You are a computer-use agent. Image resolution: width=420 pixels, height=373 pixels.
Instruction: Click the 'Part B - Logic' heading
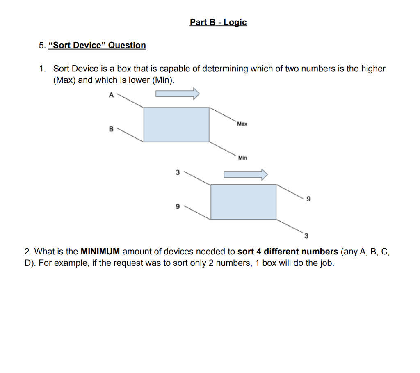tap(218, 22)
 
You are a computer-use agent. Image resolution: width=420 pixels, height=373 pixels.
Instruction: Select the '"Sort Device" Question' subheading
tap(97, 46)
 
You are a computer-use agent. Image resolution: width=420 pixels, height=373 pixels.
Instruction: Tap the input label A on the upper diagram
tap(110, 95)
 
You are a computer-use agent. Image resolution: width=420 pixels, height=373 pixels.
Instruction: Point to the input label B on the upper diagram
tap(110, 129)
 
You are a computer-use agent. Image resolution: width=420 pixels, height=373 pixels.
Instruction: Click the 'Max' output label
tap(242, 124)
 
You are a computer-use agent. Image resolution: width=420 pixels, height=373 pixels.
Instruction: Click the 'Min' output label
tap(242, 158)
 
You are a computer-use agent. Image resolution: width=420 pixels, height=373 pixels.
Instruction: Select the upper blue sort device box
tap(176, 125)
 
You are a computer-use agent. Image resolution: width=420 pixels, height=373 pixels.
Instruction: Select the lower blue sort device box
tap(243, 202)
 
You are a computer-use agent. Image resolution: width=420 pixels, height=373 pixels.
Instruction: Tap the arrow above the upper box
tap(177, 94)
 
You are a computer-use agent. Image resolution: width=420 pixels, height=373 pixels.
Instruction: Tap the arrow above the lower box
tap(245, 174)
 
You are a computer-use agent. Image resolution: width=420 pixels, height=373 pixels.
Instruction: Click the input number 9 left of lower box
tap(178, 207)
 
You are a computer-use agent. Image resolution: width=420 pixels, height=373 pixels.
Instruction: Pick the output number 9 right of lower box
tap(309, 199)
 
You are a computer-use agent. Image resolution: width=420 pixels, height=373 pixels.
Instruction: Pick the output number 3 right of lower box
tap(306, 236)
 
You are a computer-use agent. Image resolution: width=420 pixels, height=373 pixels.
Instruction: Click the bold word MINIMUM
tap(100, 252)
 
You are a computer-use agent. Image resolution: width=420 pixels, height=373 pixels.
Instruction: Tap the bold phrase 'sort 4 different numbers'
tap(288, 252)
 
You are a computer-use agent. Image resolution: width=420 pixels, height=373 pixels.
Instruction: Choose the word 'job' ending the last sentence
tap(326, 263)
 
